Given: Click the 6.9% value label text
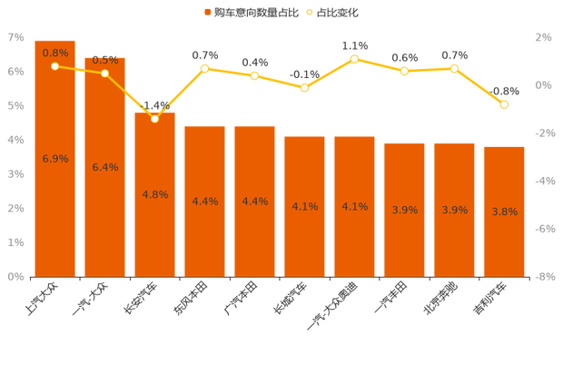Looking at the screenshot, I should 55,159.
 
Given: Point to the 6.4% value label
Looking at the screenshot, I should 105,167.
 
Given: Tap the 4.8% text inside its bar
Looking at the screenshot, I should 155,194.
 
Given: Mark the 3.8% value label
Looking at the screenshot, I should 504,212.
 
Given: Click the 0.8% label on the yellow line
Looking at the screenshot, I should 55,53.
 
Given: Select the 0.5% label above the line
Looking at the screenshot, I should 105,60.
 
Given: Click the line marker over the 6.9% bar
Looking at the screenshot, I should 55,66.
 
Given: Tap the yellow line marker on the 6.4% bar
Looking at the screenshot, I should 105,74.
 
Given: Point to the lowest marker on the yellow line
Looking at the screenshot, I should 155,118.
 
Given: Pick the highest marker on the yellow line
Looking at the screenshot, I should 354,59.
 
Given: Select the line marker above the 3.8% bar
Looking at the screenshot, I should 504,104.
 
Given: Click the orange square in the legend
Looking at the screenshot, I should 208,13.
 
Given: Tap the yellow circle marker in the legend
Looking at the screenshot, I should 311,13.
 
